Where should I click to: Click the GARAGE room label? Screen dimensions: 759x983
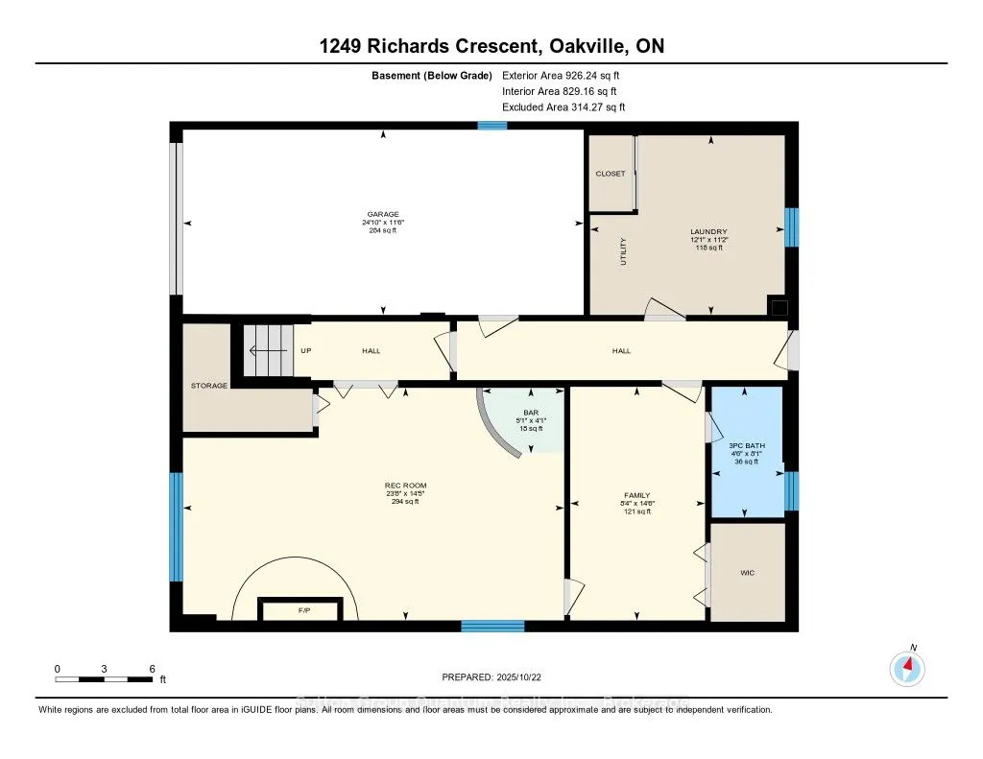(x=382, y=214)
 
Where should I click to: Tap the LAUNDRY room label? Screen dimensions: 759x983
(x=709, y=231)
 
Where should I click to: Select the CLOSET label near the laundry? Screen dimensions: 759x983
(x=610, y=174)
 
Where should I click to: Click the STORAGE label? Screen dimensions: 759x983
(x=209, y=386)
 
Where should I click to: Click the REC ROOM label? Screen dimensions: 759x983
(x=398, y=486)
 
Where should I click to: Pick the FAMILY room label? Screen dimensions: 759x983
(x=635, y=496)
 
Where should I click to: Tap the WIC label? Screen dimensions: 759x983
(x=747, y=573)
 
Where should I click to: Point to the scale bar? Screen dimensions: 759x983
(x=104, y=679)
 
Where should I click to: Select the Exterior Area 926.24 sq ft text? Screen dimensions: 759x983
(x=568, y=75)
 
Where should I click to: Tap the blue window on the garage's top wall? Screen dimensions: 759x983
(x=492, y=125)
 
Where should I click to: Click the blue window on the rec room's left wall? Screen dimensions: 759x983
(x=176, y=526)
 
